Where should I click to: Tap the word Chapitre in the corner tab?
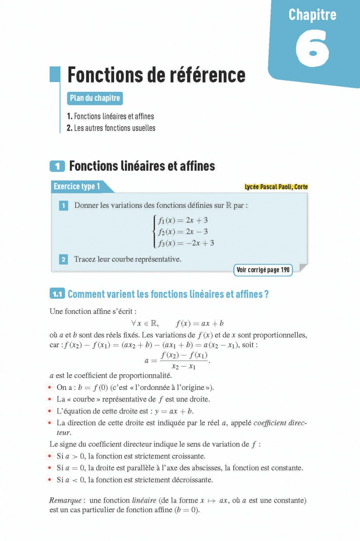point(312,15)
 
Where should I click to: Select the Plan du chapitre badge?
point(95,98)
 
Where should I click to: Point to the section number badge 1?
point(57,166)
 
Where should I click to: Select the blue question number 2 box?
point(64,259)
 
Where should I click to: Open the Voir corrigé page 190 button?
point(263,270)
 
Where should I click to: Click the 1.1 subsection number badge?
point(57,294)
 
